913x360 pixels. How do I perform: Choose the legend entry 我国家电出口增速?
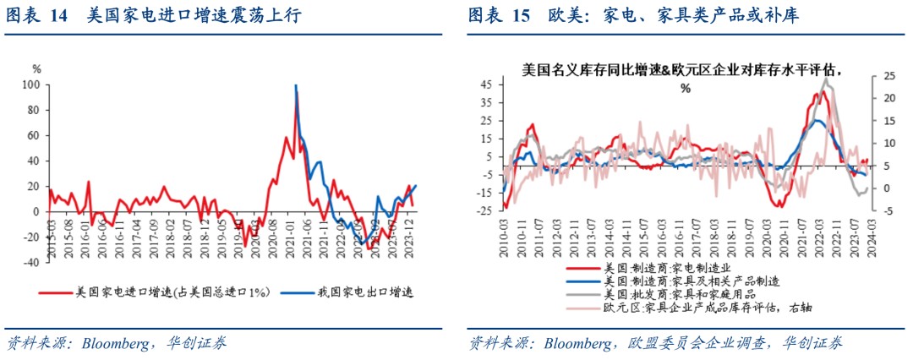pos(373,292)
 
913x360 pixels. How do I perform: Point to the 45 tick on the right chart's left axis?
pos(486,84)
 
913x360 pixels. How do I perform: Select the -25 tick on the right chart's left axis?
pos(484,211)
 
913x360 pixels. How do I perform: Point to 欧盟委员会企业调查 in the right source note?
pos(693,343)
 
